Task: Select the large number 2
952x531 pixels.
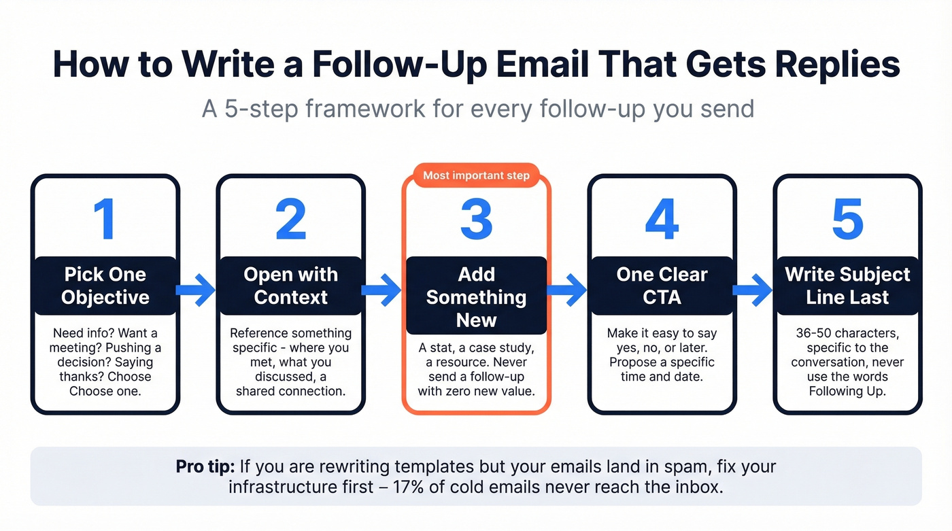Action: click(290, 219)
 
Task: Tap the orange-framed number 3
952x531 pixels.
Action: click(476, 219)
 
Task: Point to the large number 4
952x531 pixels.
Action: click(662, 219)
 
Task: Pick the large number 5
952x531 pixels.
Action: click(847, 219)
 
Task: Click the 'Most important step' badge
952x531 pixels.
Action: click(476, 175)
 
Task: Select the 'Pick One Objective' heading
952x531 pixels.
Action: click(105, 286)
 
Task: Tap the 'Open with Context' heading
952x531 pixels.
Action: click(290, 286)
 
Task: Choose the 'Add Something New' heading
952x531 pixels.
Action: click(476, 296)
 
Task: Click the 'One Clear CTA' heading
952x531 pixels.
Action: click(662, 286)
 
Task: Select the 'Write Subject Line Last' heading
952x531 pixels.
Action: click(847, 286)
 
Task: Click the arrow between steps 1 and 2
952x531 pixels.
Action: click(197, 290)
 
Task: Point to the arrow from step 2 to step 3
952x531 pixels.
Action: click(382, 290)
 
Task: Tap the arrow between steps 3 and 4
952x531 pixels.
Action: click(568, 290)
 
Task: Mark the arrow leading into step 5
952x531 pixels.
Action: click(753, 290)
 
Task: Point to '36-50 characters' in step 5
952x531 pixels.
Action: click(847, 333)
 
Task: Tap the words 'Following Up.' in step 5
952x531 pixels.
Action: click(847, 391)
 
